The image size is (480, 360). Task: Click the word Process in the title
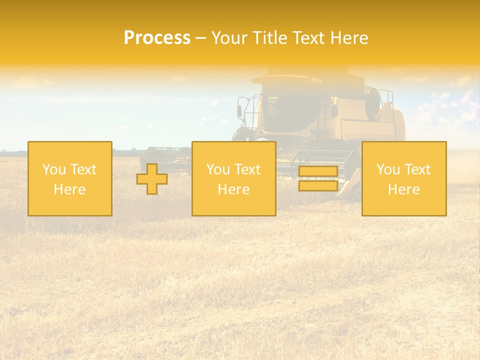157,38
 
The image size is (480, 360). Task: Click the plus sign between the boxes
152,179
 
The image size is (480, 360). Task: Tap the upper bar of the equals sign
318,171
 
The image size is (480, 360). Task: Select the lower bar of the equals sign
318,186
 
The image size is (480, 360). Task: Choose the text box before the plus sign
70,178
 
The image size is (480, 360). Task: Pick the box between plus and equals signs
233,178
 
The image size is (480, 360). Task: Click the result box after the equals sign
404,178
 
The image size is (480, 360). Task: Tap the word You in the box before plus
53,169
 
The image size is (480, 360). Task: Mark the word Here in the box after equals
404,189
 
